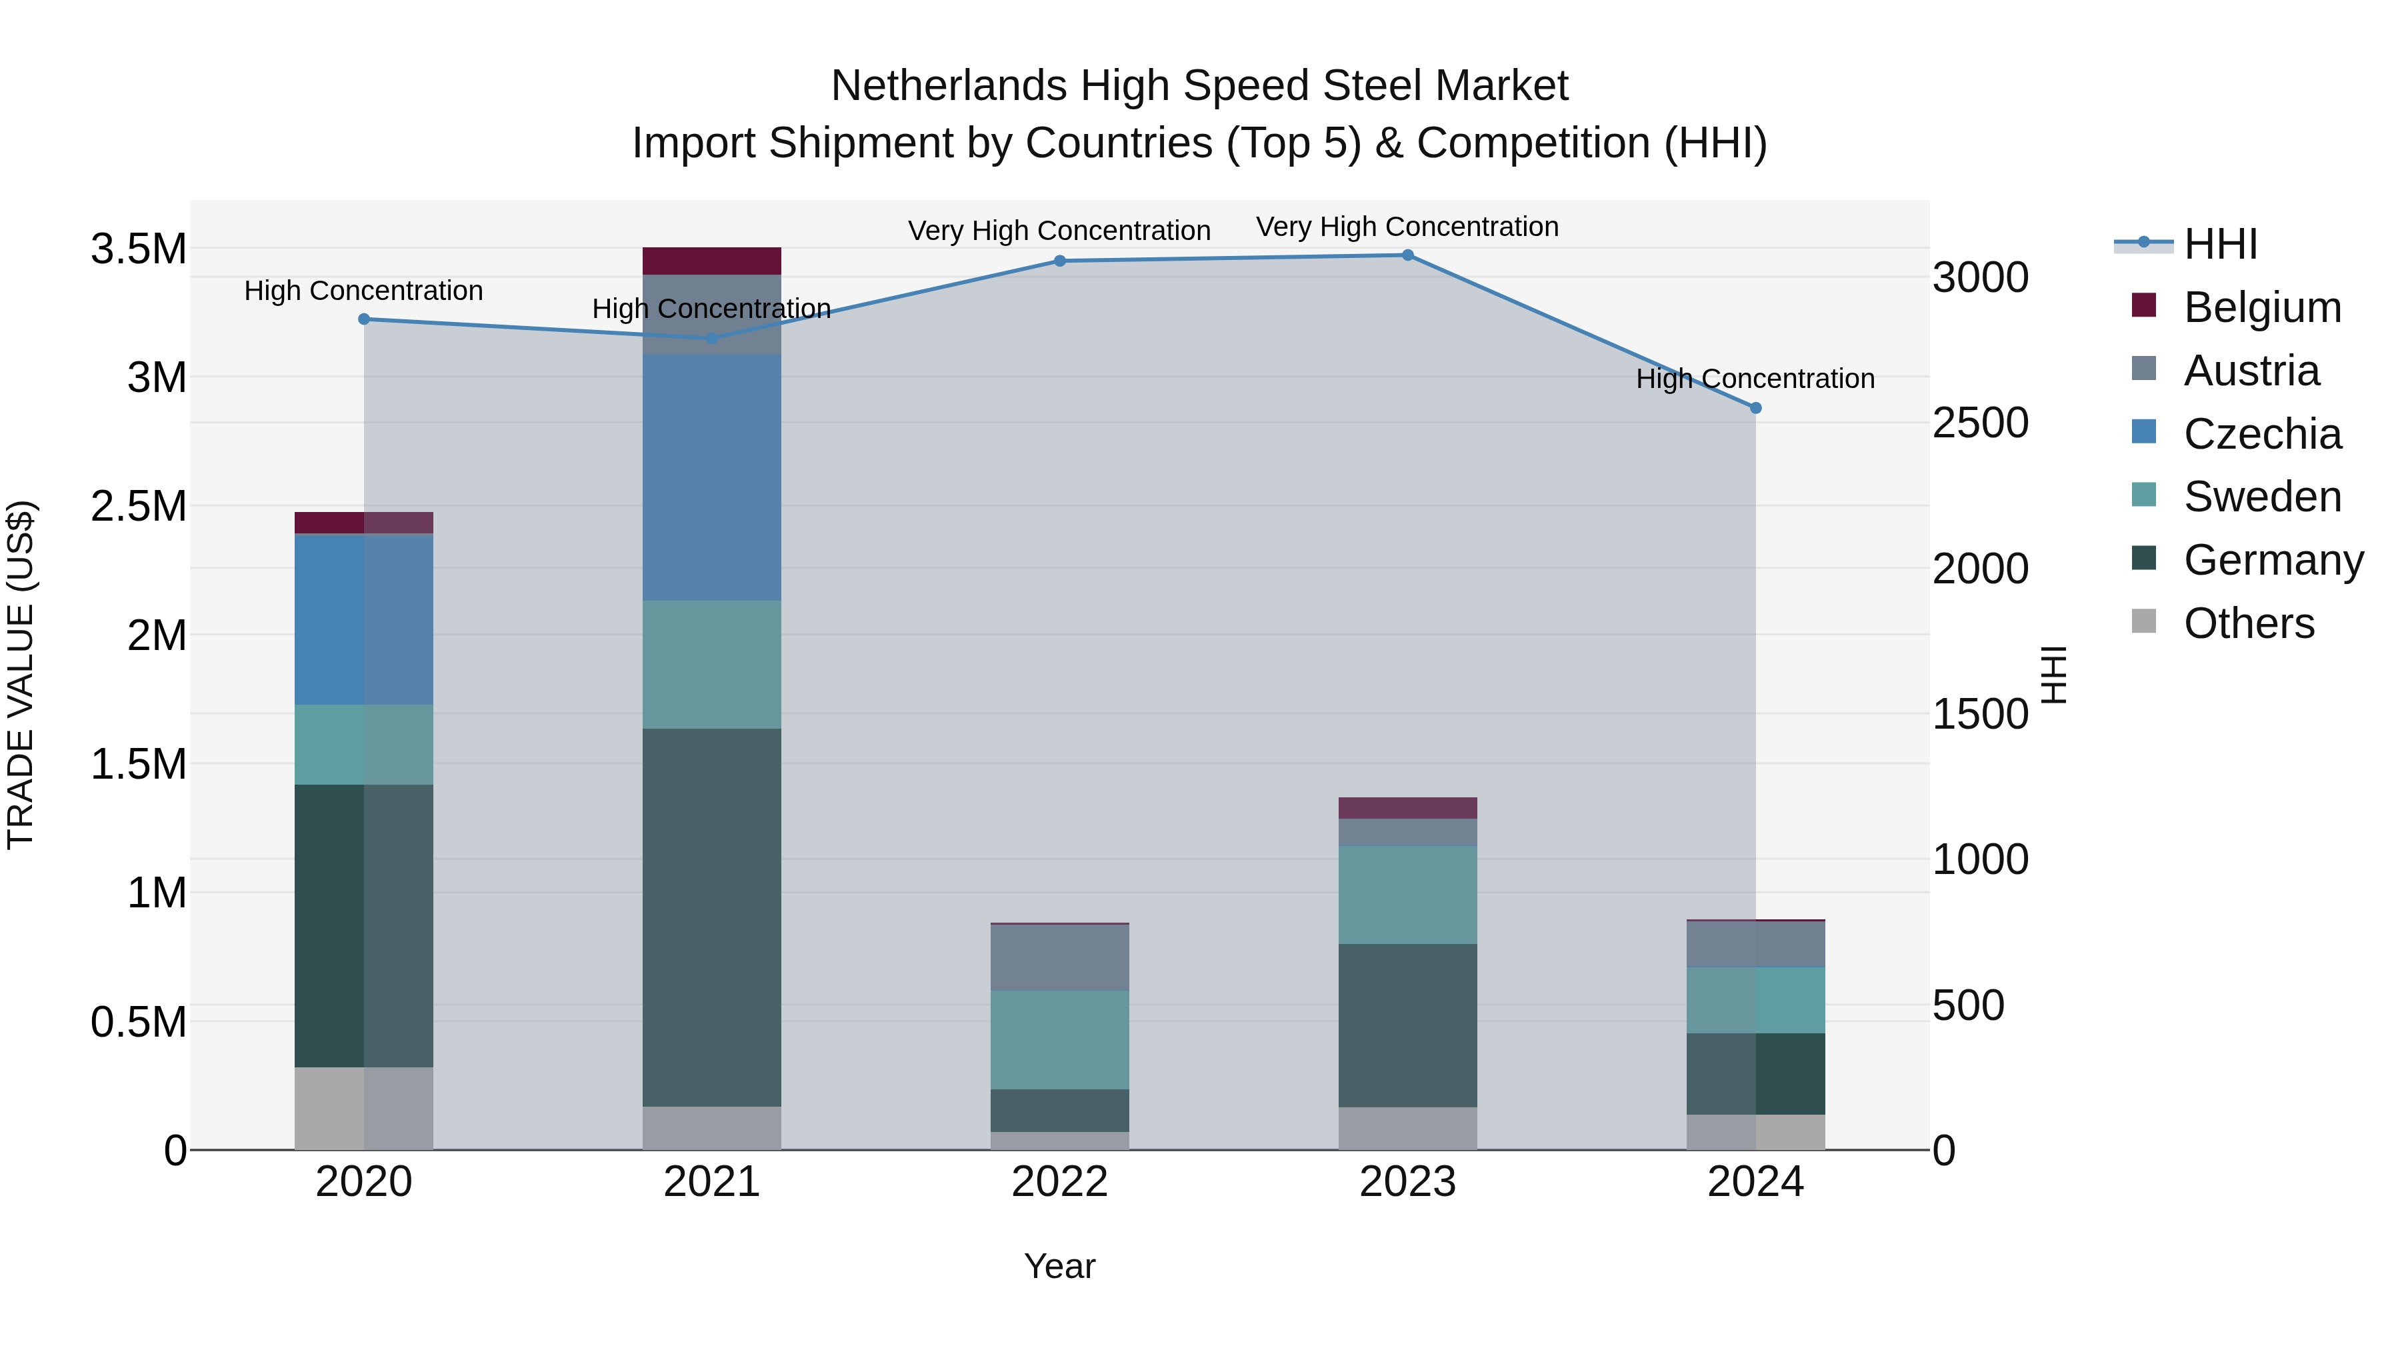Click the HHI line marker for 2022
[1059, 261]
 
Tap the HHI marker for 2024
[1755, 408]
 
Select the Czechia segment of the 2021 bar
[712, 477]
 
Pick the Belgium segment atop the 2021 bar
[712, 261]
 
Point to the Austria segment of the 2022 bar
[1059, 957]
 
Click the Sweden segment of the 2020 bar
[363, 745]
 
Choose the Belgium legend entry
[2261, 307]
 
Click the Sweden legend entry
[2261, 497]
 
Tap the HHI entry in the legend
[2219, 244]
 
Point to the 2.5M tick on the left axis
[138, 507]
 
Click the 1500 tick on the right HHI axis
[1980, 715]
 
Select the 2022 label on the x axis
[1059, 1182]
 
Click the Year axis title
[1059, 1266]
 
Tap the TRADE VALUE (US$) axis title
[21, 675]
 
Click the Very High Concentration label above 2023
[1407, 227]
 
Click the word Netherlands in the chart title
[949, 86]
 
